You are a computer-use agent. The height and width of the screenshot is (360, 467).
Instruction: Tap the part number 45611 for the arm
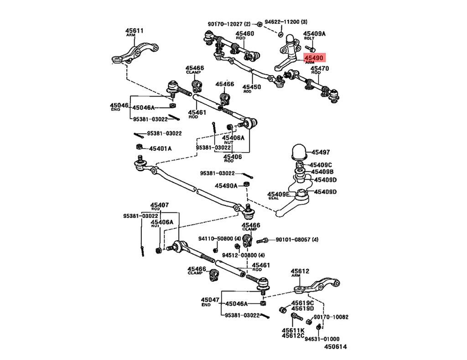[x=135, y=31]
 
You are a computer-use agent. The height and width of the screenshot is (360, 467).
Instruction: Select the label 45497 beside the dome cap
[x=321, y=153]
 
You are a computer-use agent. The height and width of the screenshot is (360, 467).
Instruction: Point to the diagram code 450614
[x=336, y=347]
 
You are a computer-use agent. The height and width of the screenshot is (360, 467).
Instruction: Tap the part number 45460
[x=245, y=34]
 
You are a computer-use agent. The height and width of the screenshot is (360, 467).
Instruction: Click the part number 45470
[x=320, y=68]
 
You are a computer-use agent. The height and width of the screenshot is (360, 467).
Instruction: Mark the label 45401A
[x=160, y=148]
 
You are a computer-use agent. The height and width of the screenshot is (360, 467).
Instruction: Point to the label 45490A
[x=227, y=185]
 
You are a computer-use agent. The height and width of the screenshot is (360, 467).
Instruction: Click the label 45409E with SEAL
[x=278, y=194]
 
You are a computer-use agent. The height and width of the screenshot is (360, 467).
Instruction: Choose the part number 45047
[x=210, y=300]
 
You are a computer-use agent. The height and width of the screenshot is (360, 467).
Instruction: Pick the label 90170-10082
[x=331, y=317]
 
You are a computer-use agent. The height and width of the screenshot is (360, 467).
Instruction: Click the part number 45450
[x=251, y=87]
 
